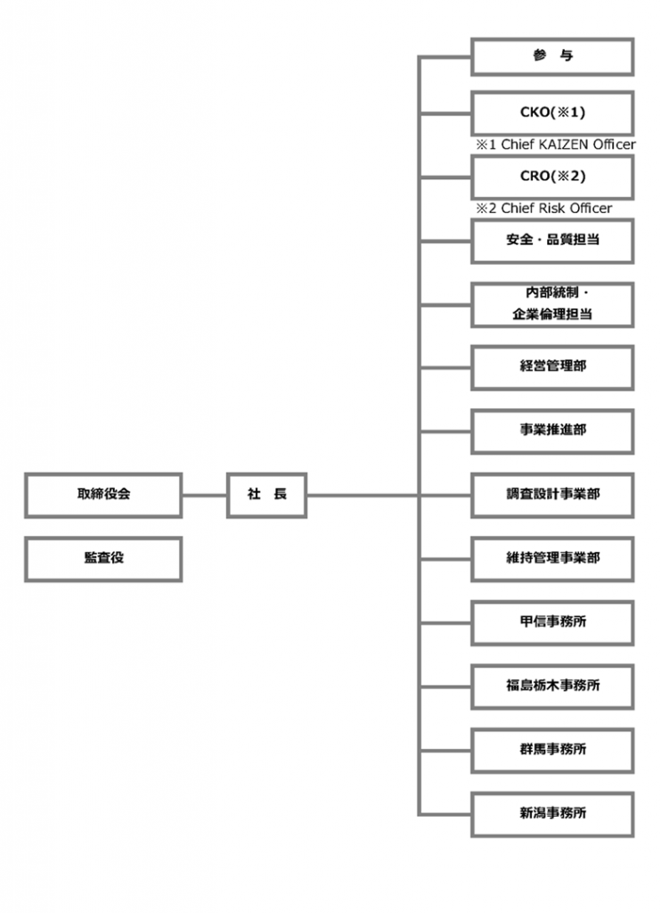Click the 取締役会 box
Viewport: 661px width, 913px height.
[x=103, y=495]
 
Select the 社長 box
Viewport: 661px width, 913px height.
[x=266, y=495]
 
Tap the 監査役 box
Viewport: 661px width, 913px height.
[x=103, y=559]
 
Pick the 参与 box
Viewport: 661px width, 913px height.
[x=552, y=56]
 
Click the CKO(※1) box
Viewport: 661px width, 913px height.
[x=552, y=113]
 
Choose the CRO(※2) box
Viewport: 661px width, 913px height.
[x=552, y=177]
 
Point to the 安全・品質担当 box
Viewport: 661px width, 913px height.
[x=552, y=241]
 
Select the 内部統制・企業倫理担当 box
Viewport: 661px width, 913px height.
[x=552, y=305]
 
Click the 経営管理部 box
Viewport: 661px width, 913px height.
[x=552, y=367]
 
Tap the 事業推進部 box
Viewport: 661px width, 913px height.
[x=552, y=432]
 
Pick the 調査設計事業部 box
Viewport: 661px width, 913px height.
[x=552, y=495]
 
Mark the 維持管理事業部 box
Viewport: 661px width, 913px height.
[x=552, y=559]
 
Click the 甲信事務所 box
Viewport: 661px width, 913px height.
[x=552, y=623]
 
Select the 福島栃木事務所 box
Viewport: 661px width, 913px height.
[x=552, y=687]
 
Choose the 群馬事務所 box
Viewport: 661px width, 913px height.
[x=552, y=751]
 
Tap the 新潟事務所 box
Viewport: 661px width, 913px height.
[x=552, y=814]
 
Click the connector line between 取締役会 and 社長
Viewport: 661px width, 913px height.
[x=204, y=496]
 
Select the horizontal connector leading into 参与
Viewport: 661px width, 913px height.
[x=445, y=57]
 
